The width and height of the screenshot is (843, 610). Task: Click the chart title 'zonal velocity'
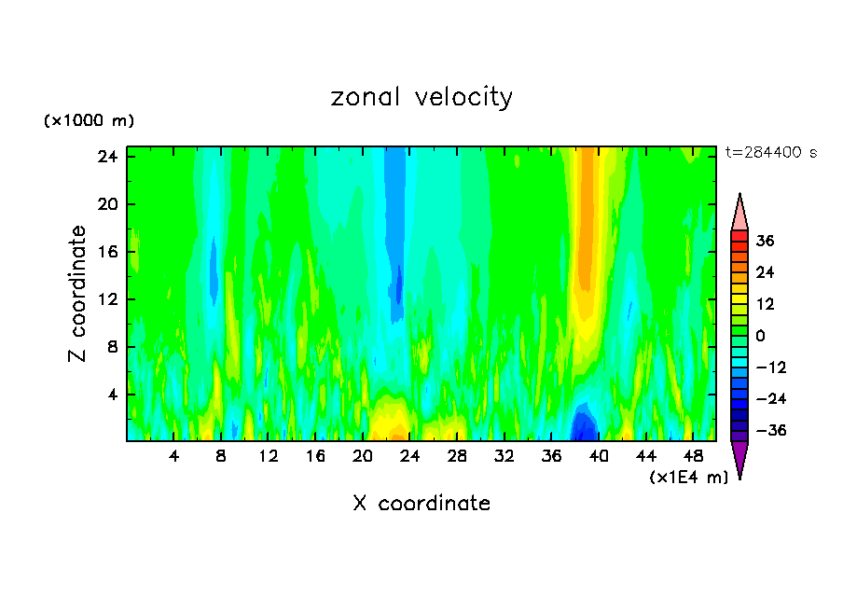pyautogui.click(x=421, y=98)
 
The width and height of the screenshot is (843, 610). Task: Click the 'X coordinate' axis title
pyautogui.click(x=421, y=504)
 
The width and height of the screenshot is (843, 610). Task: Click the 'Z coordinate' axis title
pyautogui.click(x=78, y=294)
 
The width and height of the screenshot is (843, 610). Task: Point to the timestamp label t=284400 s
pyautogui.click(x=770, y=152)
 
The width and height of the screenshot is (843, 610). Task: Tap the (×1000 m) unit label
pyautogui.click(x=89, y=121)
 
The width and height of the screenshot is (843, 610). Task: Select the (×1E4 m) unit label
pyautogui.click(x=688, y=478)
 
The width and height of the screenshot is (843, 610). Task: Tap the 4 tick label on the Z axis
pyautogui.click(x=113, y=395)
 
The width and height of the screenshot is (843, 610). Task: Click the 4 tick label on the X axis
pyautogui.click(x=174, y=456)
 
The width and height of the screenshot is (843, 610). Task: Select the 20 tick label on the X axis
pyautogui.click(x=363, y=456)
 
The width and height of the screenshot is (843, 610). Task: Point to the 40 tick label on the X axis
pyautogui.click(x=599, y=456)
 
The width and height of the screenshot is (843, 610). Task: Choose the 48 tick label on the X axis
pyautogui.click(x=693, y=456)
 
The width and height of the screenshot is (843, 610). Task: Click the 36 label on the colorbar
pyautogui.click(x=765, y=241)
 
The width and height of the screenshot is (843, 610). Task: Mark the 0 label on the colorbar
pyautogui.click(x=760, y=336)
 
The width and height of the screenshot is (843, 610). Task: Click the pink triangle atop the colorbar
pyautogui.click(x=739, y=213)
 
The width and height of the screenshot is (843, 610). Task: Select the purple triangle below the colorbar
pyautogui.click(x=739, y=458)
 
